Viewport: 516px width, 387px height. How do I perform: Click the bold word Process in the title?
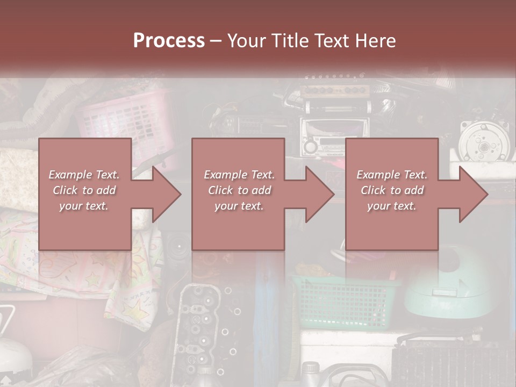coord(169,40)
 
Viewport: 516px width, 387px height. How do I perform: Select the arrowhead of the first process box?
coord(163,194)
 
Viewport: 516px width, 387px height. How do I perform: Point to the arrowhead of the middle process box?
coord(317,194)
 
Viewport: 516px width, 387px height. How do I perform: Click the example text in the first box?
coord(84,190)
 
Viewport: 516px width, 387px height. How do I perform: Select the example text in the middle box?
coord(239,190)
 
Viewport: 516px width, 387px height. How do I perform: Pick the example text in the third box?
coord(392,190)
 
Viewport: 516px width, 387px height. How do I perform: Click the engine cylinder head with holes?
coord(196,328)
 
